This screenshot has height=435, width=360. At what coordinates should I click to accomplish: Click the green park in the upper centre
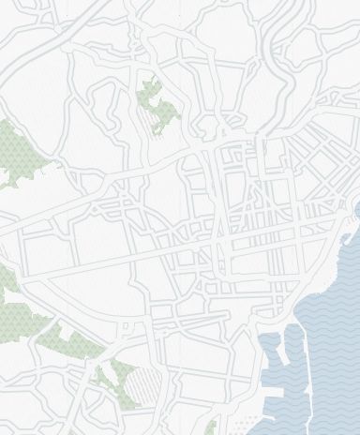[x=158, y=108]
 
